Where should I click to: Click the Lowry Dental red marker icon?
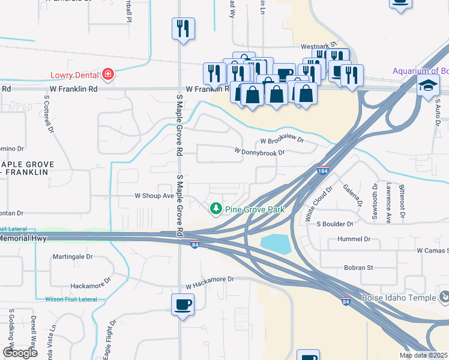pos(108,74)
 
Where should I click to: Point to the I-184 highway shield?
pos(323,170)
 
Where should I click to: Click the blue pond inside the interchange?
pos(276,244)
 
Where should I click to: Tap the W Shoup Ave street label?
pos(154,196)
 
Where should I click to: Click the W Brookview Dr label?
pos(282,142)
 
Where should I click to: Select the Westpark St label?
pos(315,46)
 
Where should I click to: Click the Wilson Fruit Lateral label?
pos(71,299)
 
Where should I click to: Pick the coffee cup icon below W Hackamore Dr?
pos(182,304)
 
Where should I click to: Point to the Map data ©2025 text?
pos(423,355)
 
